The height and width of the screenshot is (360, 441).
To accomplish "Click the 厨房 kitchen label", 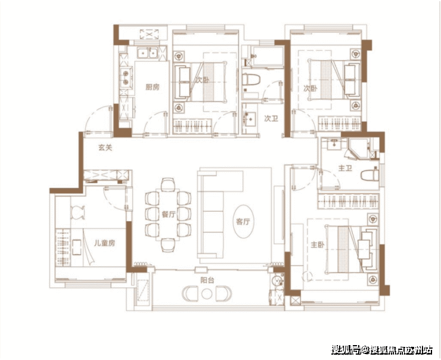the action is [153, 87].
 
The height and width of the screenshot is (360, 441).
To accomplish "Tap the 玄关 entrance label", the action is [105, 147].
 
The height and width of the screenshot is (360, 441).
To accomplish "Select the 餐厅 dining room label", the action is [169, 215].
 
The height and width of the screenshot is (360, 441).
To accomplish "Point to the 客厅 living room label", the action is [243, 222].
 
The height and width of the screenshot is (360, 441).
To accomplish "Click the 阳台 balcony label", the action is [207, 280].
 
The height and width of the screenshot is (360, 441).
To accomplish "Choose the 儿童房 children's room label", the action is [104, 243].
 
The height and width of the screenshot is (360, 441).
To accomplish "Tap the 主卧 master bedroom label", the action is [317, 245].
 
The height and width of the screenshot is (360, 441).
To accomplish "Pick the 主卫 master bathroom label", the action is [345, 168].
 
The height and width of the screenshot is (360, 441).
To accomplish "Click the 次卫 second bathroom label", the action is [271, 119].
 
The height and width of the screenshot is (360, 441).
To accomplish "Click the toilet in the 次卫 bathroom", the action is [250, 80].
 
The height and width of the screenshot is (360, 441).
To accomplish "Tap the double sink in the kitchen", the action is [147, 52].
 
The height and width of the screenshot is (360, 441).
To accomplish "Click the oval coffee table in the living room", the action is [244, 221].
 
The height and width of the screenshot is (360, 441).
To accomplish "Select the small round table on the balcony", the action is [207, 294].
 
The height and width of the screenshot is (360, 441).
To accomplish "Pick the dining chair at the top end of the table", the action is [168, 184].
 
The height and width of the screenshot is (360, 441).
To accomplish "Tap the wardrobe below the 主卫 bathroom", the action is [349, 201].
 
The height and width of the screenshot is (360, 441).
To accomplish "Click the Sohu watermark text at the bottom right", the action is [381, 350].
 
